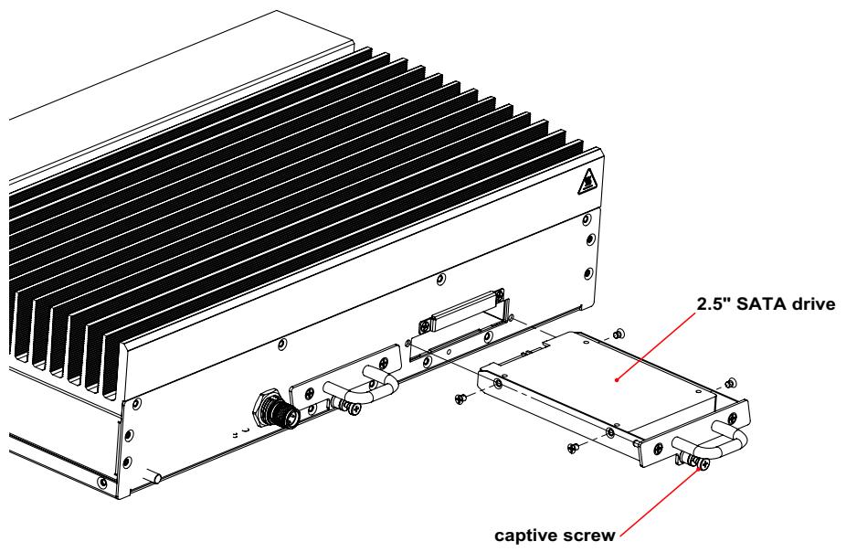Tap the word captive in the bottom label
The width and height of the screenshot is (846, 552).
pos(525,536)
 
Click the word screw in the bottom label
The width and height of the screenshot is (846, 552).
pos(588,536)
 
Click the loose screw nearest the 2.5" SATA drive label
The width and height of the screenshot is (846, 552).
pos(619,334)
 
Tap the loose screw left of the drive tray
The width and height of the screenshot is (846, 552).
pos(460,398)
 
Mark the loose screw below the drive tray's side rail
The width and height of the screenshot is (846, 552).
pos(573,447)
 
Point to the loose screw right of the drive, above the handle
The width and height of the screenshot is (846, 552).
pos(731,384)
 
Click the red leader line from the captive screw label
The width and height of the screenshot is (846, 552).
pos(661,503)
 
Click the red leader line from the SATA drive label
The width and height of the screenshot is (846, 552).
pos(657,345)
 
